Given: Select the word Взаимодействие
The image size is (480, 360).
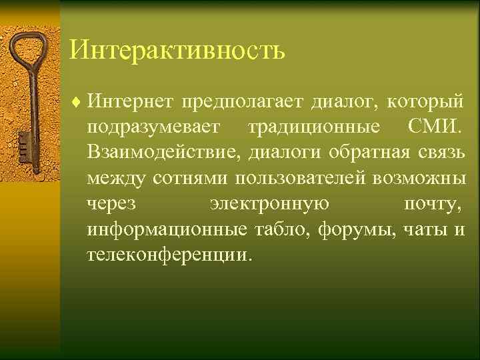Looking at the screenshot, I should [x=163, y=153].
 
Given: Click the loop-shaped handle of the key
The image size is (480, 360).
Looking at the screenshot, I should [x=26, y=50].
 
